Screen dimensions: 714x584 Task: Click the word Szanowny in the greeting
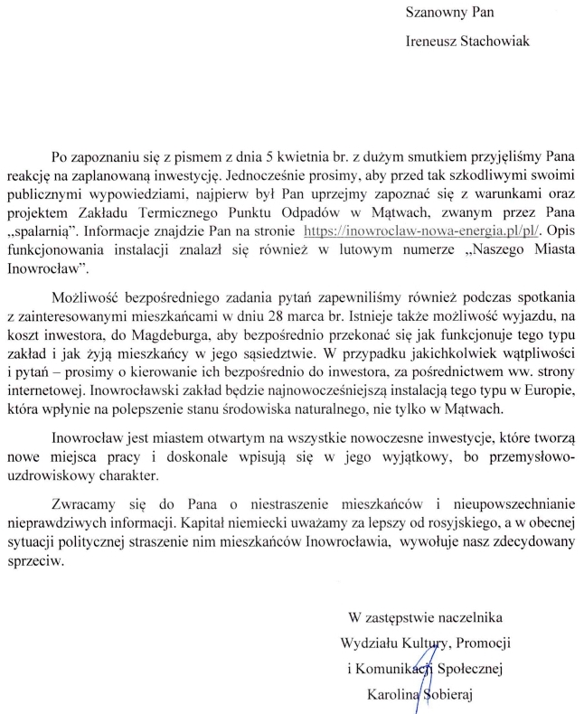pos(433,15)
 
